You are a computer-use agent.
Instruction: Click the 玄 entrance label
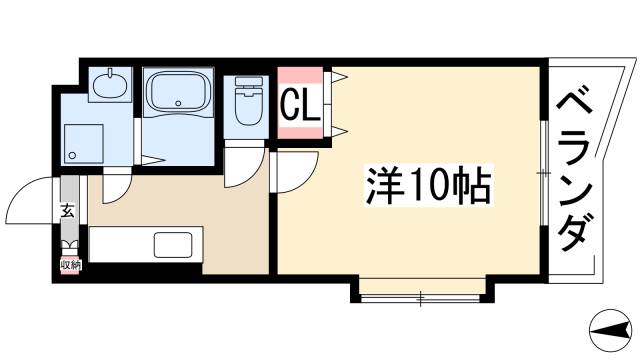click(x=68, y=211)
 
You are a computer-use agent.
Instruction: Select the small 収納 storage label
click(x=70, y=265)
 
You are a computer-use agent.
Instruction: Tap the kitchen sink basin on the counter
click(x=176, y=245)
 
